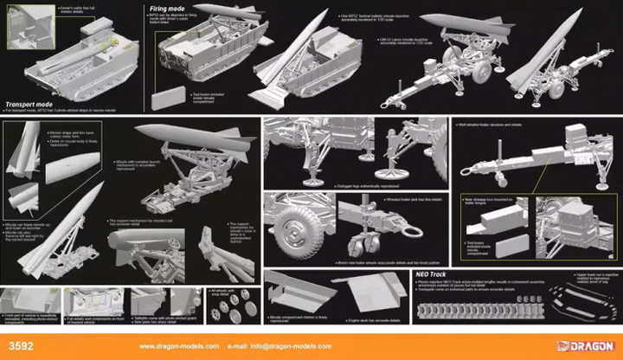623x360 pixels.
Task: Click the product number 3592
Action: [20, 347]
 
